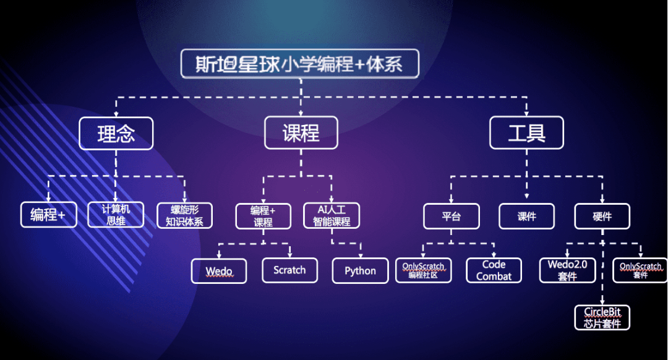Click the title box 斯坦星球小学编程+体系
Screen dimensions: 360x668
tap(300, 64)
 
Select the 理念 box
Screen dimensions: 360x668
tap(116, 132)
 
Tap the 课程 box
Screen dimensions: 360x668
tap(301, 132)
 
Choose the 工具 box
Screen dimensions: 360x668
tap(526, 132)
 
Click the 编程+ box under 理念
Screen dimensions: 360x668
tap(49, 215)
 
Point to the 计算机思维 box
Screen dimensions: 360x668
tap(116, 214)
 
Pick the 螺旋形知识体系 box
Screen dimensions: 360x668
tap(184, 215)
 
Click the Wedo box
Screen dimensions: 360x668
tap(219, 271)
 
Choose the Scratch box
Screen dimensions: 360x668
tap(289, 270)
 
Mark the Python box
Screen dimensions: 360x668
tap(360, 271)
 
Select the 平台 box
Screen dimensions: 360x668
tap(452, 216)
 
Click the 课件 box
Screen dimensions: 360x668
tap(526, 216)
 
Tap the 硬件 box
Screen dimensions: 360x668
tap(602, 216)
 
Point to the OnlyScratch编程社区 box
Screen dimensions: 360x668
tap(424, 271)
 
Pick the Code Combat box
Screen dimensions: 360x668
tap(494, 270)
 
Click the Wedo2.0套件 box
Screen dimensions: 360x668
tap(567, 270)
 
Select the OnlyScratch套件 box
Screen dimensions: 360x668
tap(640, 270)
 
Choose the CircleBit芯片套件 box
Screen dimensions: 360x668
tap(602, 317)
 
